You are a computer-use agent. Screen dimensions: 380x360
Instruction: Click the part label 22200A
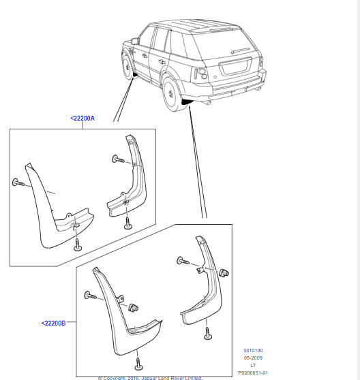(x=82, y=118)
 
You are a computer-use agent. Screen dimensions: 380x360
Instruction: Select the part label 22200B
(x=53, y=322)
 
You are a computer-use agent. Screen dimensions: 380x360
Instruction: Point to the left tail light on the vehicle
(x=202, y=75)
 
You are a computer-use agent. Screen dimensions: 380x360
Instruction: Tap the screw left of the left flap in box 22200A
(x=17, y=183)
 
